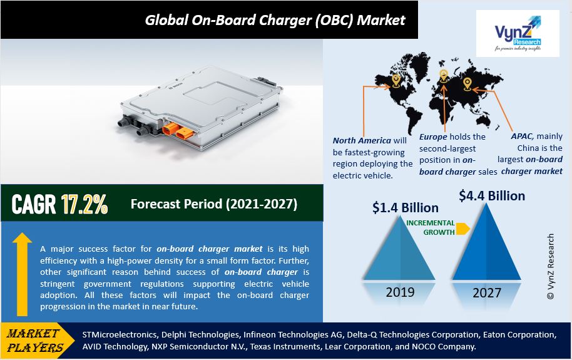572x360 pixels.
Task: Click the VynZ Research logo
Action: [518, 33]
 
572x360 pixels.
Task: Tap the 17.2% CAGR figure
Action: [84, 204]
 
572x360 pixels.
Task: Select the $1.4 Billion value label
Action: [406, 208]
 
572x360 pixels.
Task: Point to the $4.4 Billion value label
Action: [492, 196]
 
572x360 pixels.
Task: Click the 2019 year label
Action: [400, 292]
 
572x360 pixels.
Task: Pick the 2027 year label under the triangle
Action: [487, 293]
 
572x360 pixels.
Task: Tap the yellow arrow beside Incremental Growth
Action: [463, 228]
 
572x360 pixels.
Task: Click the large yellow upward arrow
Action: [22, 274]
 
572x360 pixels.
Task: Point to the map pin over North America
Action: [396, 80]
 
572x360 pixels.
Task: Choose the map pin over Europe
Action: [443, 76]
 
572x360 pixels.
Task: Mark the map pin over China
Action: [467, 84]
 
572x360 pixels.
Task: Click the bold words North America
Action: [362, 141]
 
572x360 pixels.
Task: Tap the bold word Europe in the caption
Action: [433, 137]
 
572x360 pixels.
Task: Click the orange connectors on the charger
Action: [177, 131]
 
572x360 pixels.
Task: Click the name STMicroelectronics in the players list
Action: [120, 334]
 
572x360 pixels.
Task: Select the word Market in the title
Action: [381, 20]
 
